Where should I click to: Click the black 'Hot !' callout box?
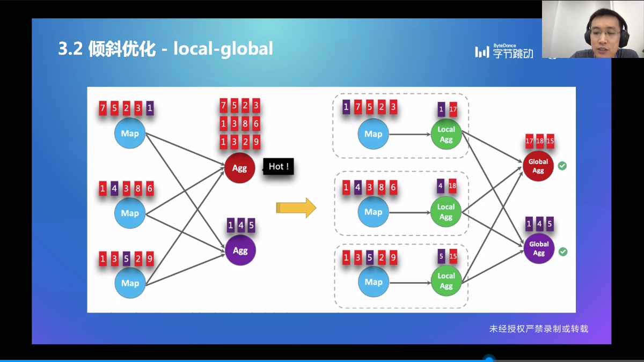(x=279, y=167)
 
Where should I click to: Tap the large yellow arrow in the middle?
(x=296, y=208)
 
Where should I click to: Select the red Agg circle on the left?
(x=239, y=168)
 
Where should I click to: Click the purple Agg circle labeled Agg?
(x=240, y=250)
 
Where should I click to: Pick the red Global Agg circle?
(x=538, y=166)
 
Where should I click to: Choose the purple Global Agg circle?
(x=539, y=248)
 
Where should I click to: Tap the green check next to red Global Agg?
(x=562, y=166)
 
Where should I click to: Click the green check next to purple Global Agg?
(x=562, y=251)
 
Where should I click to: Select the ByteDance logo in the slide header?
(x=504, y=51)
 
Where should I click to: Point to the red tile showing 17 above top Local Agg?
(x=453, y=109)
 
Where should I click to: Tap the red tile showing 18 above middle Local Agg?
(x=452, y=186)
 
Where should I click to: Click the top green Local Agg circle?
(x=446, y=134)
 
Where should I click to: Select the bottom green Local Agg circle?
(x=446, y=280)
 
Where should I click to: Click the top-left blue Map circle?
(x=130, y=134)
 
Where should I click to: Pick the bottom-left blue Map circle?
(x=130, y=283)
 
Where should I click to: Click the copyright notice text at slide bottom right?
(x=538, y=328)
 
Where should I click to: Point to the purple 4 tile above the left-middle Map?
(x=114, y=189)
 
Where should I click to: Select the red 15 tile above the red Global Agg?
(x=550, y=141)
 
